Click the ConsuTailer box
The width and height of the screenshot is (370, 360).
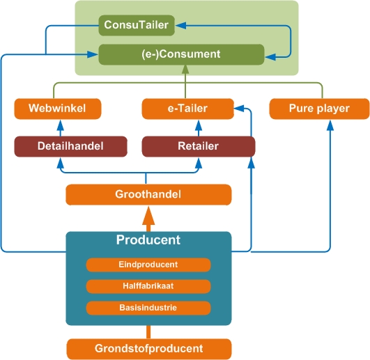tap(137, 25)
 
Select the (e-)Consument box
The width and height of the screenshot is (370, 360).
tap(181, 54)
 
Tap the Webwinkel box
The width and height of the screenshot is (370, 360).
tap(58, 109)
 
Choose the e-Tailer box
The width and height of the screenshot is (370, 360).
tap(188, 109)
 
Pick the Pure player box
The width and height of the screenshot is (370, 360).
tap(319, 109)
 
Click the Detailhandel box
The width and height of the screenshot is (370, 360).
tap(71, 146)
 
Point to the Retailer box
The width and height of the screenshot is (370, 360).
tap(199, 146)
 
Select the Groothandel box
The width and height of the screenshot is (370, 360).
tap(148, 195)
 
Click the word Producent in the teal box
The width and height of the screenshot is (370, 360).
tap(148, 240)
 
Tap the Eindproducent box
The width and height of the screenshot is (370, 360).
tap(148, 265)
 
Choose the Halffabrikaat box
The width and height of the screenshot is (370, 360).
tap(148, 286)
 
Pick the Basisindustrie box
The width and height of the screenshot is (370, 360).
tap(148, 308)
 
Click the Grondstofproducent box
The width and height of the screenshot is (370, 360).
tap(149, 349)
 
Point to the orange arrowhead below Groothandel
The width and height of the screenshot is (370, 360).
tap(148, 216)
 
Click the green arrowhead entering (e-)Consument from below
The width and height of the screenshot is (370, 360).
tap(185, 70)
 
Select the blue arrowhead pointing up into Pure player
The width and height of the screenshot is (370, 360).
tap(330, 125)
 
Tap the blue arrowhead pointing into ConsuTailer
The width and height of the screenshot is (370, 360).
tap(181, 25)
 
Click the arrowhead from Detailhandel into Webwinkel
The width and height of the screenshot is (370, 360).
tap(61, 125)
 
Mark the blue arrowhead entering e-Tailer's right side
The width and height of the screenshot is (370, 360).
tap(239, 109)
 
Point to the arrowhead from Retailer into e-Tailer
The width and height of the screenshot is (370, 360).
tap(199, 125)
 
